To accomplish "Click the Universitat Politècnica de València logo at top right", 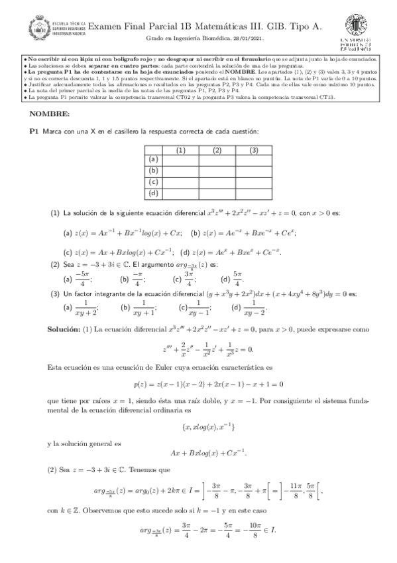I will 357,33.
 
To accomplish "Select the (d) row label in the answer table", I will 153,193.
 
